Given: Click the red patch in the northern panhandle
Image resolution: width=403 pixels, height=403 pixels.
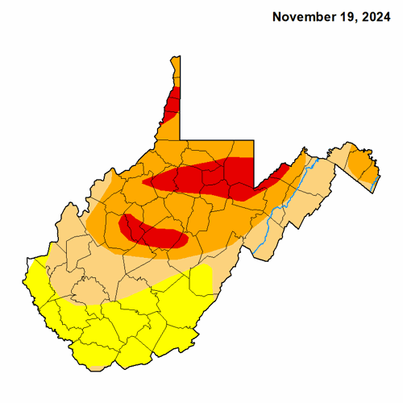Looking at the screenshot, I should [x=172, y=103].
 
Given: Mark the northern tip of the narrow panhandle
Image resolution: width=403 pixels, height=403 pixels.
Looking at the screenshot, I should [x=175, y=56].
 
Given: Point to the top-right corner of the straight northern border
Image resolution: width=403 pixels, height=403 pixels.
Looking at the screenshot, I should [x=255, y=139].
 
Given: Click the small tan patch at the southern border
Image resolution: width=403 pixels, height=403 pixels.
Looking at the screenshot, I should [x=97, y=367].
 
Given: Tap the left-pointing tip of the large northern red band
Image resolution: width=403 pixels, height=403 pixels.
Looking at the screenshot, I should [x=145, y=182].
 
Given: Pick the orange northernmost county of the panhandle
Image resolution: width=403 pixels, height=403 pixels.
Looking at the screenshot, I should [x=175, y=73].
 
